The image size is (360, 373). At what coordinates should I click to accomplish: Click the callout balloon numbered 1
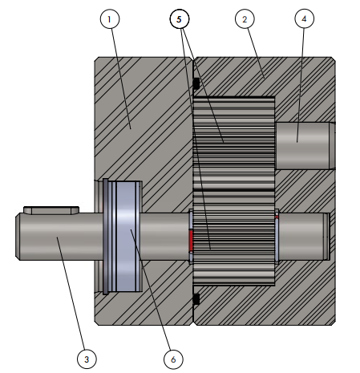point(110,19)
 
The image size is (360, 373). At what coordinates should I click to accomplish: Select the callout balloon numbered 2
point(245,19)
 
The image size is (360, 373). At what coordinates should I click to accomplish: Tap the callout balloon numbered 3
point(87,359)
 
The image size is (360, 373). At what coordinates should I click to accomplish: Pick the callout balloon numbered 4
point(304,18)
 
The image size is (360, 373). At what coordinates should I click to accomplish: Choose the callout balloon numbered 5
point(180,19)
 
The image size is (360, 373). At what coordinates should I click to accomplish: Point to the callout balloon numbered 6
point(173,359)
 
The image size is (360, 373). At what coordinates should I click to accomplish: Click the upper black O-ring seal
point(196,83)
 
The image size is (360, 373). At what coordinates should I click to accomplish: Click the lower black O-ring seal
point(196,299)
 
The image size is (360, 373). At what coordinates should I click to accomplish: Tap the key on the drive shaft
point(51,210)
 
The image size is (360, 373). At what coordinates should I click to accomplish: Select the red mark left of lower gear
point(191,241)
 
